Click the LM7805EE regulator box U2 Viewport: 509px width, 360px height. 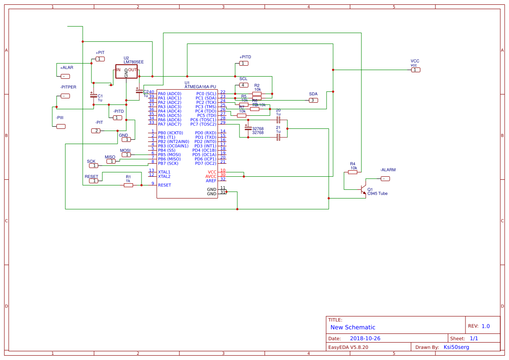126,72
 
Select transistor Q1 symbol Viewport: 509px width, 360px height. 363,190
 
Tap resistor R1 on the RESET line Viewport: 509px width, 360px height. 128,185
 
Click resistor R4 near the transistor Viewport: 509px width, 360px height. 353,172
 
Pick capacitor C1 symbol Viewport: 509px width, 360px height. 93,95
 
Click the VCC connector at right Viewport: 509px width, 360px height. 415,70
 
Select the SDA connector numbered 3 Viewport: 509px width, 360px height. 313,101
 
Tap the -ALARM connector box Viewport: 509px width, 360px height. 385,178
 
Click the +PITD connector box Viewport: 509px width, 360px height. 244,64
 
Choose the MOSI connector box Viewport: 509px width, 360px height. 126,155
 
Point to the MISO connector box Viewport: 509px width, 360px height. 111,161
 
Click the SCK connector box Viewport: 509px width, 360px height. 93,165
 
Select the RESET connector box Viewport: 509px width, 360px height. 94,181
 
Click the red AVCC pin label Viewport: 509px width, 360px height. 211,176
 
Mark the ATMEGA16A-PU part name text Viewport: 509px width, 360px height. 200,87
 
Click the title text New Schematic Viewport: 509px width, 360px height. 353,327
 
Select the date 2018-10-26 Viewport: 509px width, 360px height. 365,338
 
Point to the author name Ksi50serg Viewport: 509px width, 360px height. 456,347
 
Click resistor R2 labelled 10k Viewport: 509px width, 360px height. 257,94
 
